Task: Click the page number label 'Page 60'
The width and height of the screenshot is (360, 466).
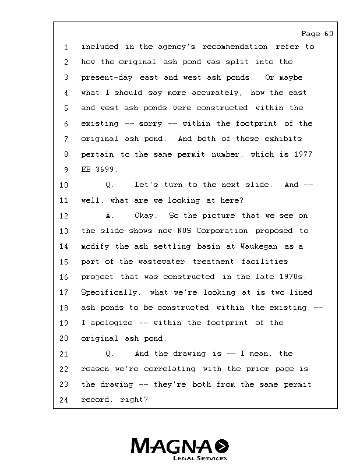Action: (317, 34)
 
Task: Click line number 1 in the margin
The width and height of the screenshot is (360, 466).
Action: (66, 47)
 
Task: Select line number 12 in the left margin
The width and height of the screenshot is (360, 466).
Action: (64, 216)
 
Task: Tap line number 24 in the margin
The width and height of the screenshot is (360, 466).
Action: (64, 400)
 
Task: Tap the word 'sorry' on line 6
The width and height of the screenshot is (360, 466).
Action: (150, 123)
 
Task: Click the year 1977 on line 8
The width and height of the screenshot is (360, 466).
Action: (301, 154)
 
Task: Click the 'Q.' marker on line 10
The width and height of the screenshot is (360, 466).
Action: (110, 185)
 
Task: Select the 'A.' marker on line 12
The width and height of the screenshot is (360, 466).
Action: (110, 216)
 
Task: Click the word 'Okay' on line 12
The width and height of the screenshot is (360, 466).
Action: (146, 216)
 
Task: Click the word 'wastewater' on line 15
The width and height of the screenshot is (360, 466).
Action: (161, 262)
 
